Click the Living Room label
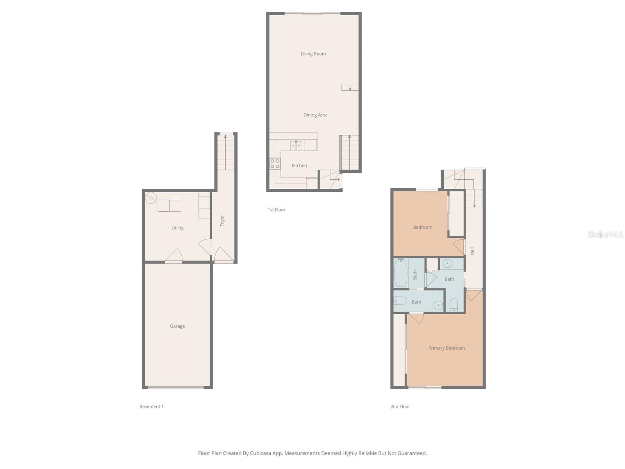click(x=313, y=54)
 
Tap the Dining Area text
click(x=315, y=115)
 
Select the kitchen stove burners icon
click(x=275, y=164)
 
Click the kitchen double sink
click(x=296, y=146)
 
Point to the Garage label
click(x=177, y=326)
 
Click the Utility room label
click(x=177, y=228)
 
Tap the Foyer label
click(x=222, y=220)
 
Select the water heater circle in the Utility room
click(x=151, y=198)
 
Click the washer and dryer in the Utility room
click(x=170, y=206)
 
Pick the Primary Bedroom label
click(x=446, y=348)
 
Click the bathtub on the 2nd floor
click(x=401, y=273)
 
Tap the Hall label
click(x=472, y=251)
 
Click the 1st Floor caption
click(x=276, y=210)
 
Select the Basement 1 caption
click(x=151, y=406)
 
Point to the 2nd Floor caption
click(x=400, y=406)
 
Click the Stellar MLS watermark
click(x=605, y=235)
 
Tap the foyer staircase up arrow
click(x=225, y=137)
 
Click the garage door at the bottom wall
click(x=176, y=387)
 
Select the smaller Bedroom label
click(x=423, y=227)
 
